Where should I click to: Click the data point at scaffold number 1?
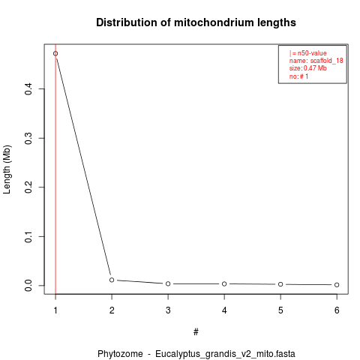[x=55, y=53]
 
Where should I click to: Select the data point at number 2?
[x=112, y=280]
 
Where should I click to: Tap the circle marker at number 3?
[x=168, y=283]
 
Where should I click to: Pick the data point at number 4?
[x=224, y=283]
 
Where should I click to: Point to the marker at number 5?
[x=280, y=284]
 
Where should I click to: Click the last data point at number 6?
[x=337, y=285]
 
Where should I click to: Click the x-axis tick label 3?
[x=168, y=310]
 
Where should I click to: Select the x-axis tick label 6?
[x=337, y=310]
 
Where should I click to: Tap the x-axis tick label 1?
[x=55, y=310]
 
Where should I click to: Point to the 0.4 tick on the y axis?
[x=28, y=88]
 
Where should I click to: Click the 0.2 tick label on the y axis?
[x=28, y=187]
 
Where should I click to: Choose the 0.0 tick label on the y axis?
[x=28, y=286]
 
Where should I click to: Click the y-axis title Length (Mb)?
[x=7, y=169]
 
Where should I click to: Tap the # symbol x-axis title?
[x=196, y=332]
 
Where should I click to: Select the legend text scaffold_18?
[x=326, y=61]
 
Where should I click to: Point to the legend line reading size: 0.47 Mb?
[x=308, y=68]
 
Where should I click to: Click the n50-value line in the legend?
[x=308, y=53]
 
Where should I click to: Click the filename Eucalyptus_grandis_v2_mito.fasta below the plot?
[x=225, y=354]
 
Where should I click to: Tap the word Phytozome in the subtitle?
[x=120, y=354]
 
